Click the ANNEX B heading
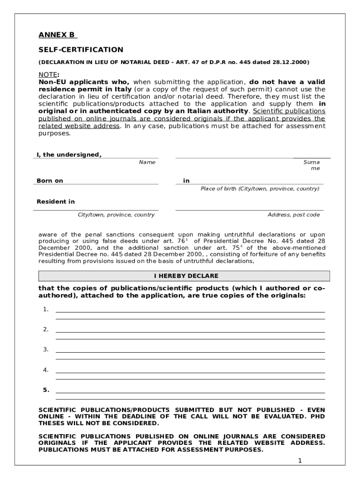coord(57,35)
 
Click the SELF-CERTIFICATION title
coord(80,50)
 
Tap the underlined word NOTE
coord(47,74)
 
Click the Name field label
coord(147,162)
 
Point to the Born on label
coord(50,181)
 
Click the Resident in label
coord(56,202)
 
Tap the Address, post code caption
coord(294,215)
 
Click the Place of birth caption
coord(260,189)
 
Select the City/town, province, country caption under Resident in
coord(116,215)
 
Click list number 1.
coord(45,309)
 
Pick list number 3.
coord(45,349)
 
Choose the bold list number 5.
coord(46,390)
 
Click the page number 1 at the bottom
coord(300,461)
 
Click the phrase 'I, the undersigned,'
coord(69,155)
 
